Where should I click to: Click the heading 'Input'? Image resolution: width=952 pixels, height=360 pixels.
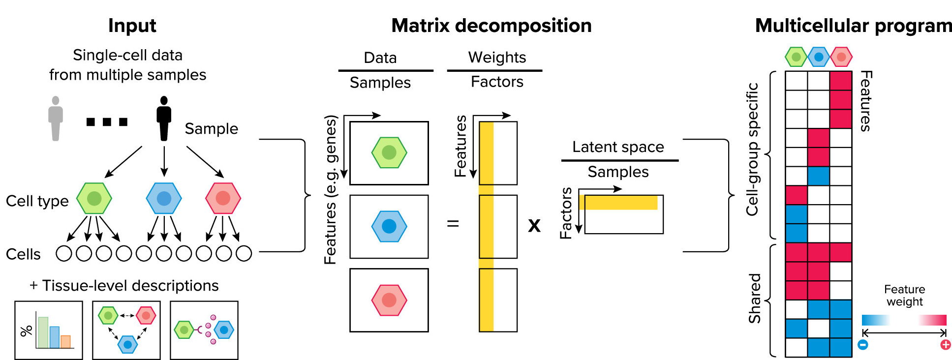pos(132,26)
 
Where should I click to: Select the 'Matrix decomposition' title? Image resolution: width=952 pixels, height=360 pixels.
pos(491,26)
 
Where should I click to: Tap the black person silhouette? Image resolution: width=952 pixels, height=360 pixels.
pos(164,119)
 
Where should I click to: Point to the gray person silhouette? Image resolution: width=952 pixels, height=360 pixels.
pos(56,119)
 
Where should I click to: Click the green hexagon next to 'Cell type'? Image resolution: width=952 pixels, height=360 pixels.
pos(94,198)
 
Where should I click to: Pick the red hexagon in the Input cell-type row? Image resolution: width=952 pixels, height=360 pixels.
pos(223,198)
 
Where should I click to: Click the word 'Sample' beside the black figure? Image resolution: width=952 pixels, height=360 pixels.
pos(211,129)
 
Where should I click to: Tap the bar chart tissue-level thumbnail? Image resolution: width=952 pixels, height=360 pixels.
pos(49,330)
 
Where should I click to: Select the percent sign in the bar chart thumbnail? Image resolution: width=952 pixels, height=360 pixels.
pos(27,330)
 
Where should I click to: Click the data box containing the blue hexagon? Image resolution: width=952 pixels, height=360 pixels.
pos(389,226)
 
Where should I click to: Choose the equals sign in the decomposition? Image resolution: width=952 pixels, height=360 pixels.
pos(453,224)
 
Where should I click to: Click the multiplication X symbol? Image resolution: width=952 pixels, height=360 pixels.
pos(534,226)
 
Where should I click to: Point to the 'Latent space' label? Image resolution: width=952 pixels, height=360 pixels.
pos(618,147)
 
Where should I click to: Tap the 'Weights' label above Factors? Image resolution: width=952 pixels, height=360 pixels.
pos(497,58)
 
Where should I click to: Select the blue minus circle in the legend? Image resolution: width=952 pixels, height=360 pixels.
pos(863,345)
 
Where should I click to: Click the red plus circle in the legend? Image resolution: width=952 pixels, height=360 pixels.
pos(945,345)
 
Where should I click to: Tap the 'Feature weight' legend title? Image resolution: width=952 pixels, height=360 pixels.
pos(904,296)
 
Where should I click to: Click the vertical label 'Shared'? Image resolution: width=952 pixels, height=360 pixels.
pos(754,299)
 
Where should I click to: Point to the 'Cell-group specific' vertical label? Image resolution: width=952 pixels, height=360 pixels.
pos(752,150)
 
